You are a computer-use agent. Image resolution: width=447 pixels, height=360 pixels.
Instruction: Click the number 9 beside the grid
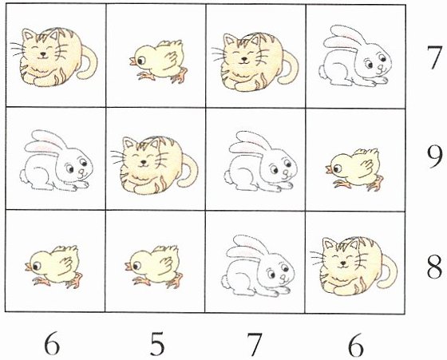click(x=435, y=157)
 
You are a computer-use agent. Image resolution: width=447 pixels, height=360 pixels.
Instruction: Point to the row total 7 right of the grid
click(x=435, y=57)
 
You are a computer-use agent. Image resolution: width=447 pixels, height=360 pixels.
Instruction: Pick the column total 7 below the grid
click(x=255, y=345)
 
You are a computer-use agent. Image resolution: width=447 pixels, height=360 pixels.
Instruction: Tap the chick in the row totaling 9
click(x=354, y=169)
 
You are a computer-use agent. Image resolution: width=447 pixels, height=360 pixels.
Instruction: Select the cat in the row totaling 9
click(x=154, y=165)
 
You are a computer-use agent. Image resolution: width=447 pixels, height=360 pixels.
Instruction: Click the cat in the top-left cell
click(x=54, y=57)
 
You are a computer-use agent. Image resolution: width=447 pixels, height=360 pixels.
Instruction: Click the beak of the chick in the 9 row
click(x=329, y=169)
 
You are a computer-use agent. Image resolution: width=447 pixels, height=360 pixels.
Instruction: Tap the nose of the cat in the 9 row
click(x=144, y=162)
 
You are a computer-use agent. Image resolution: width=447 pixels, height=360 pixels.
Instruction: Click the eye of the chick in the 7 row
click(x=140, y=61)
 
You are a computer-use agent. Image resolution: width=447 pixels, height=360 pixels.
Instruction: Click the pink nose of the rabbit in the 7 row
click(x=382, y=68)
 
